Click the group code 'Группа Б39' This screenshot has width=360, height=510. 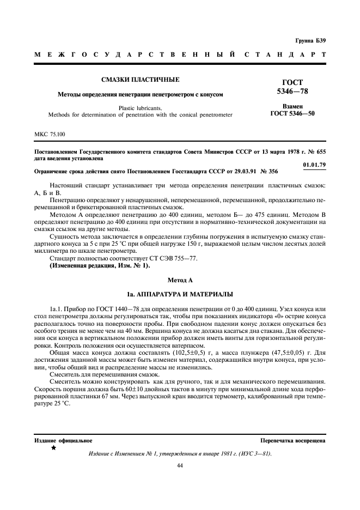coord(310,41)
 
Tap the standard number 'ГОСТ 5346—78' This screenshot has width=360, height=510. coord(292,86)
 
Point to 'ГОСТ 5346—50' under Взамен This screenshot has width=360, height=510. coord(292,114)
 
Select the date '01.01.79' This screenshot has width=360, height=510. coord(314,165)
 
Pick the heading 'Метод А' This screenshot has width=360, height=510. coord(180,280)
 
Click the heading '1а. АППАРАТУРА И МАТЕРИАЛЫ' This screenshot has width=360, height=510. coord(180,293)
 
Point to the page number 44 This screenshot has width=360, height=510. coord(180,465)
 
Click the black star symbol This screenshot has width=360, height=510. coord(53,447)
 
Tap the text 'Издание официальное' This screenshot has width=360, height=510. coord(63,440)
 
